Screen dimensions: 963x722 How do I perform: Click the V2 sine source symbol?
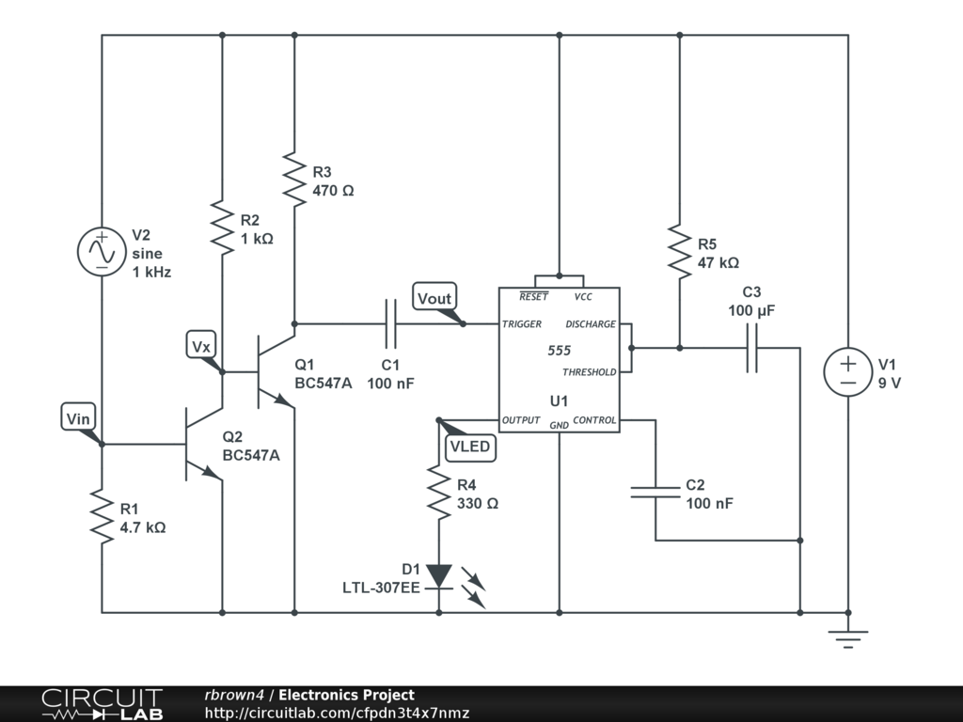(102, 252)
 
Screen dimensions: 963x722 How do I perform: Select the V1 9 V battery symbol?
(848, 372)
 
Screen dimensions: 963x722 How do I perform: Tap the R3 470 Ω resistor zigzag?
(294, 180)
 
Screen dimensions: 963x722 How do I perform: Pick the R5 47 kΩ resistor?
(679, 252)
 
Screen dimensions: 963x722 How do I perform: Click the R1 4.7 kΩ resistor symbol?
(102, 516)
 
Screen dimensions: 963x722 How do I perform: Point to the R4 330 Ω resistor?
(438, 493)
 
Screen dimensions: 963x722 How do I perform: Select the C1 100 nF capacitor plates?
(390, 323)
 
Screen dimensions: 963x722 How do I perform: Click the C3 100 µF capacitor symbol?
(751, 348)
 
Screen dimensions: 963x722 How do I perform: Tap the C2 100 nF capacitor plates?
(655, 492)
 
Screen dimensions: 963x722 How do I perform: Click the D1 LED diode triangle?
(438, 576)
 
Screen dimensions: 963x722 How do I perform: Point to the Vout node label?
(434, 298)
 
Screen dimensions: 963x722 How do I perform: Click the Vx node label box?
(201, 346)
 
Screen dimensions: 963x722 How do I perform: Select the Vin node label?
(78, 418)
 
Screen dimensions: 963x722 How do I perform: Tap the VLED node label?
(470, 447)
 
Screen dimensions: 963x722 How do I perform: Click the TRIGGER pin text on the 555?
(521, 324)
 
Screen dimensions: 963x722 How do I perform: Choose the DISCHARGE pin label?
(591, 324)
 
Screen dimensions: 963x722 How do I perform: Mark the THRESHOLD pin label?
(589, 372)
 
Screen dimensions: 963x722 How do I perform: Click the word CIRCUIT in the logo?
(102, 698)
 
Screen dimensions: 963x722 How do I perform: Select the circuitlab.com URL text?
(338, 713)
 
